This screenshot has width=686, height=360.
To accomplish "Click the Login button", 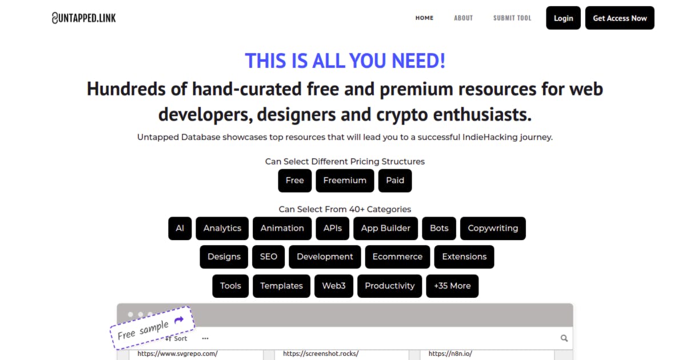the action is pyautogui.click(x=563, y=18).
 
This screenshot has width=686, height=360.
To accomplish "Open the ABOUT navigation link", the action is pyautogui.click(x=464, y=18).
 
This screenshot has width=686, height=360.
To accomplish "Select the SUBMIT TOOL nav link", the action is pyautogui.click(x=512, y=18).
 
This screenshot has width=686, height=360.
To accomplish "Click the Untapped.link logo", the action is pyautogui.click(x=84, y=18).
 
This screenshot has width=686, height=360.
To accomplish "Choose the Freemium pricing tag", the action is pyautogui.click(x=345, y=181).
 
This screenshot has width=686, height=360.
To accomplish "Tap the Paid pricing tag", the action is pyautogui.click(x=395, y=181).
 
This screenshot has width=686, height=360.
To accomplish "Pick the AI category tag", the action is pyautogui.click(x=180, y=229).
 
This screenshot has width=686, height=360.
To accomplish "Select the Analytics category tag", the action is pyautogui.click(x=222, y=229).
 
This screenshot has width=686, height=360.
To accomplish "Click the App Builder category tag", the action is pyautogui.click(x=385, y=229).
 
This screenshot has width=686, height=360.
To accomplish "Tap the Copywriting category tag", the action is pyautogui.click(x=493, y=229).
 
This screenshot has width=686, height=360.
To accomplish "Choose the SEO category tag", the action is pyautogui.click(x=269, y=257).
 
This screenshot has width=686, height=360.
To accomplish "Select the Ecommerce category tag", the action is pyautogui.click(x=397, y=257).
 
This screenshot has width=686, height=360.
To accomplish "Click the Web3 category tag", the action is pyautogui.click(x=334, y=286).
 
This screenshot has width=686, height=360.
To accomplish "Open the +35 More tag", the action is pyautogui.click(x=452, y=286).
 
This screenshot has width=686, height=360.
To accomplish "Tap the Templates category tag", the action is pyautogui.click(x=281, y=286).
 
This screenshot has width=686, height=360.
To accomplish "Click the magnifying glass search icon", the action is pyautogui.click(x=564, y=338).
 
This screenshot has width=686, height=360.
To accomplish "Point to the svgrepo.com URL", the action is pyautogui.click(x=178, y=354).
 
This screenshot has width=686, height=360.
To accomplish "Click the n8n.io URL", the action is pyautogui.click(x=450, y=354).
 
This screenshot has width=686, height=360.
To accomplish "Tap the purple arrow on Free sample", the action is pyautogui.click(x=179, y=320).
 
